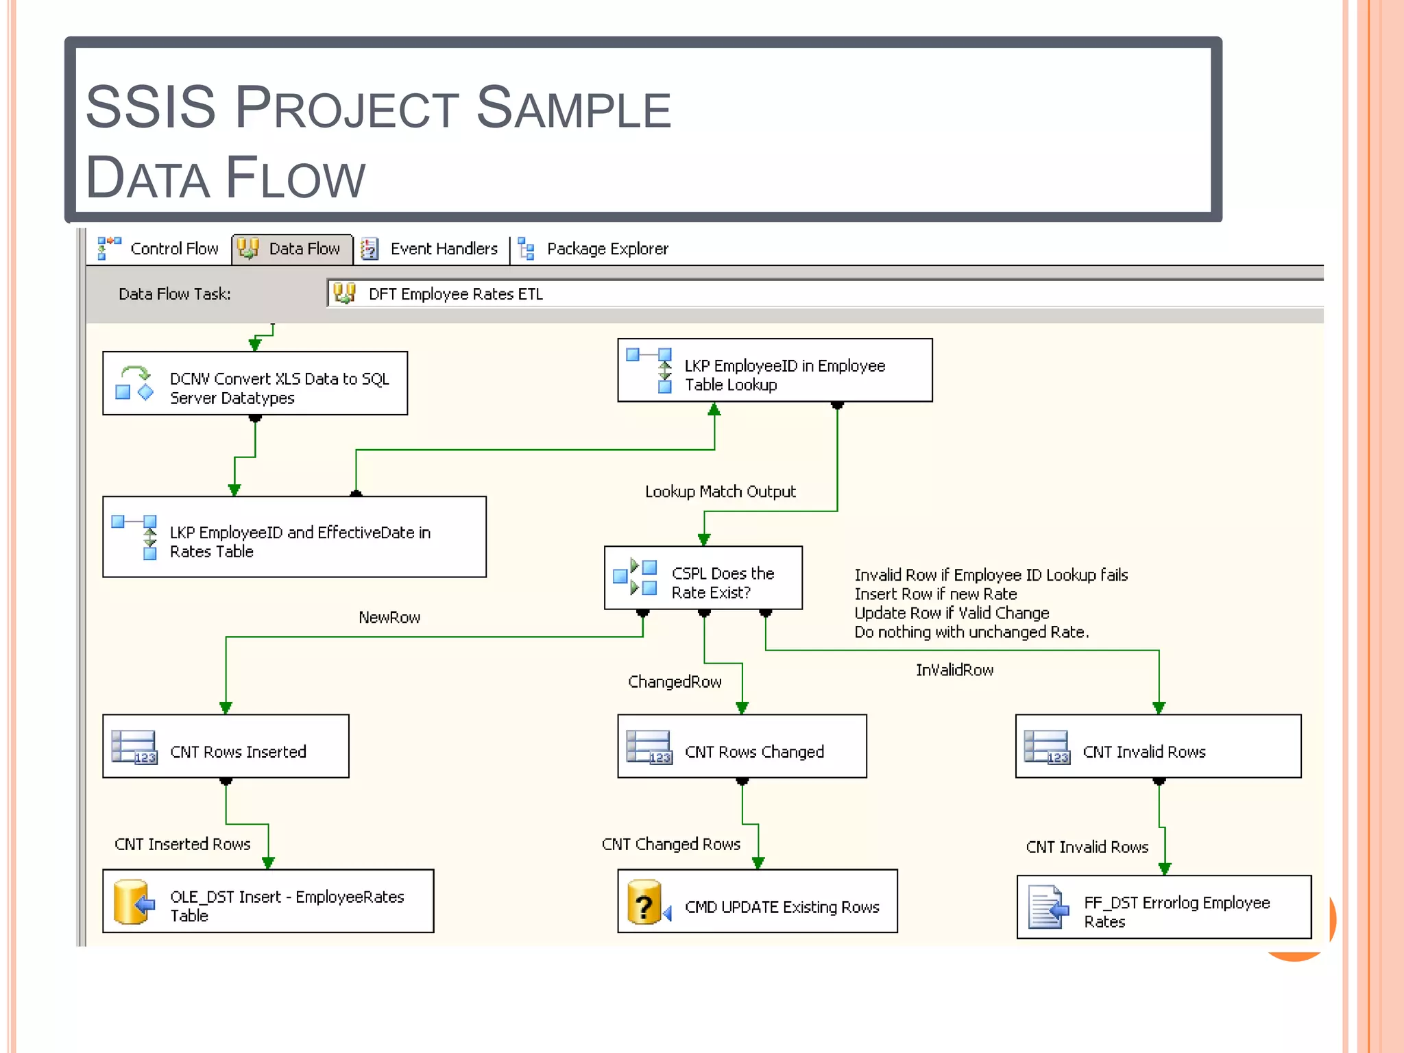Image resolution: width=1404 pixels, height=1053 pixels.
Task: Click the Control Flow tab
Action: pyautogui.click(x=159, y=249)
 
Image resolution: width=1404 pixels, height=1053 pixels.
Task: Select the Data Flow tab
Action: pyautogui.click(x=293, y=249)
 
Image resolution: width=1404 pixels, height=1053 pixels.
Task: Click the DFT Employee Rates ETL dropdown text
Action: pyautogui.click(x=455, y=294)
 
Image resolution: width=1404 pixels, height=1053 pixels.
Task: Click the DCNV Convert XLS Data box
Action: pyautogui.click(x=255, y=384)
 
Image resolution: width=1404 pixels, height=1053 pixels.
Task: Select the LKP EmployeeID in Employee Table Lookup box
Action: pyautogui.click(x=775, y=371)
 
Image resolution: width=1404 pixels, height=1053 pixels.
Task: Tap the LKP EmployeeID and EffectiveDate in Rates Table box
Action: pyautogui.click(x=294, y=537)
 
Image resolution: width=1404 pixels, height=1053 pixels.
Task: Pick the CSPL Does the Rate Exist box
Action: pyautogui.click(x=703, y=578)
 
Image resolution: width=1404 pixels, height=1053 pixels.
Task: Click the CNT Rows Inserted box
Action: pyautogui.click(x=226, y=747)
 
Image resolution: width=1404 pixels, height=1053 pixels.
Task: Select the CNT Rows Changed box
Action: pyautogui.click(x=742, y=747)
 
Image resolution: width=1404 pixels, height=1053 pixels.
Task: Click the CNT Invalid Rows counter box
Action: pyautogui.click(x=1158, y=747)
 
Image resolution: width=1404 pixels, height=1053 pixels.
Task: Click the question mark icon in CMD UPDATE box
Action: pyautogui.click(x=644, y=904)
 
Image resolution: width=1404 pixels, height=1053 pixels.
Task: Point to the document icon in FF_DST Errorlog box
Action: pyautogui.click(x=1048, y=908)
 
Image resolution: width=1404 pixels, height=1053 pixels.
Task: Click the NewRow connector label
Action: pyautogui.click(x=389, y=618)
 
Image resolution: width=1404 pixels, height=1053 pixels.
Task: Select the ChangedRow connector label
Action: pyautogui.click(x=675, y=682)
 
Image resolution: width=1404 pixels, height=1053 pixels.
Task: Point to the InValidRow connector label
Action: pyautogui.click(x=954, y=670)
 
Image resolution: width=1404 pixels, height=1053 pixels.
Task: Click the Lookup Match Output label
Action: pyautogui.click(x=720, y=492)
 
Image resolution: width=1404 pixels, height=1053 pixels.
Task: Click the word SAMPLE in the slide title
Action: pyautogui.click(x=574, y=108)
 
